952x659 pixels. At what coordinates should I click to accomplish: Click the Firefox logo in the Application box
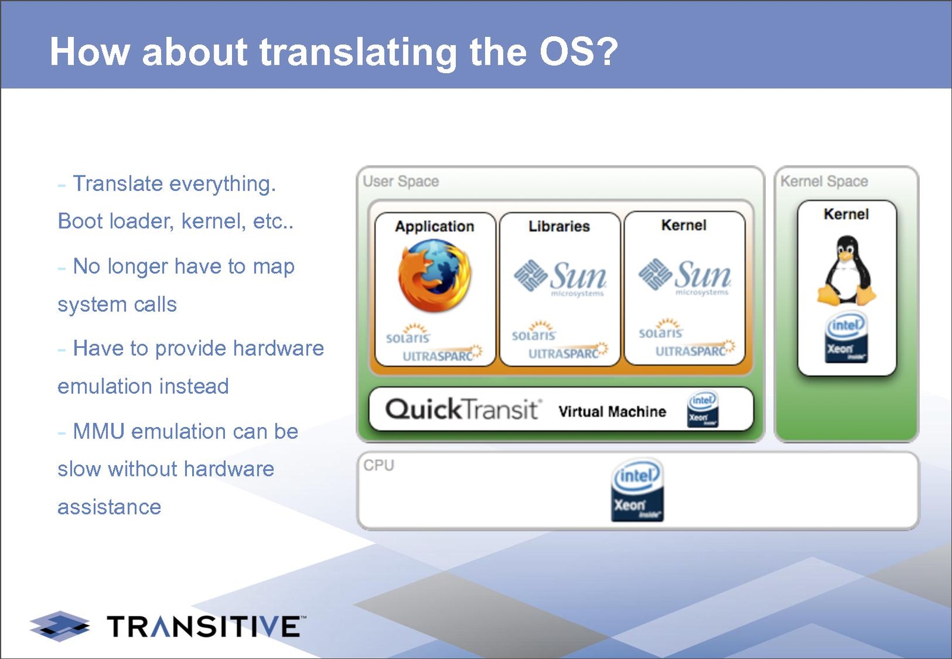[x=434, y=275]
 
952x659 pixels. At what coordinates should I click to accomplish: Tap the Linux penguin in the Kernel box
[x=846, y=271]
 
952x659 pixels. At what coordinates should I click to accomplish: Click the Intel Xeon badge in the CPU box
[x=637, y=489]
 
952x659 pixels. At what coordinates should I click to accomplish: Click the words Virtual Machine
[x=612, y=412]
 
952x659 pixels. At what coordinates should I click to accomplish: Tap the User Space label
[x=400, y=181]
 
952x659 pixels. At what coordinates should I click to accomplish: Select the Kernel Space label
[x=824, y=181]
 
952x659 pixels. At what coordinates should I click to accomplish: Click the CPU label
[x=378, y=465]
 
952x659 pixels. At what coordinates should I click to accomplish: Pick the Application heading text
[x=434, y=227]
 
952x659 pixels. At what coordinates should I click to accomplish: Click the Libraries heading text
[x=559, y=226]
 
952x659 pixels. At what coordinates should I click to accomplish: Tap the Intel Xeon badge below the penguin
[x=846, y=337]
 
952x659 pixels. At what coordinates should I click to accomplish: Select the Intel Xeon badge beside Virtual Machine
[x=703, y=409]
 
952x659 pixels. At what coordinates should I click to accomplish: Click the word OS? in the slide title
[x=578, y=51]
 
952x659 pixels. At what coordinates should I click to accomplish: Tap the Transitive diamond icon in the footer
[x=59, y=626]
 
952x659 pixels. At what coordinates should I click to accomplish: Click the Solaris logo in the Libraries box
[x=534, y=331]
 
